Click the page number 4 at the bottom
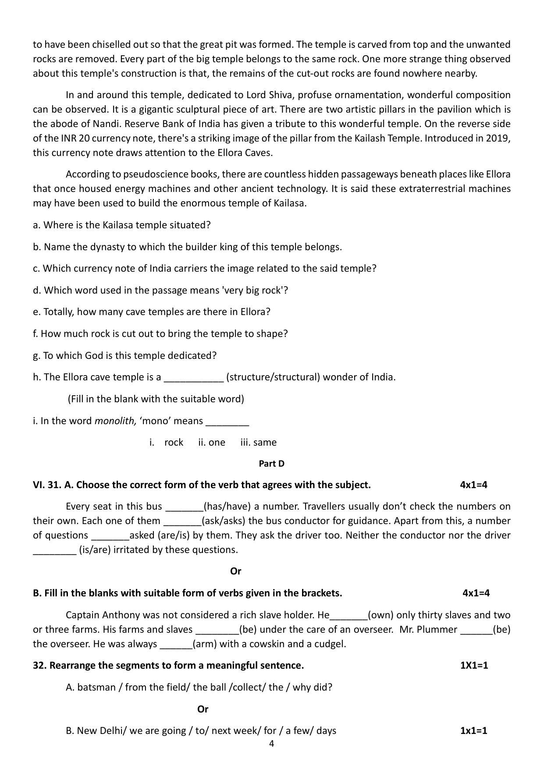pyautogui.click(x=271, y=744)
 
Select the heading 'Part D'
pyautogui.click(x=271, y=464)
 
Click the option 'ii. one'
pyautogui.click(x=211, y=443)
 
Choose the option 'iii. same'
pyautogui.click(x=258, y=443)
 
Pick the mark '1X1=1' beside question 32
pyautogui.click(x=474, y=666)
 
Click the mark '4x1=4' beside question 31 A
pyautogui.click(x=473, y=485)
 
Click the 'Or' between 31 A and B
pyautogui.click(x=235, y=571)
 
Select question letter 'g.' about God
pyautogui.click(x=36, y=356)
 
